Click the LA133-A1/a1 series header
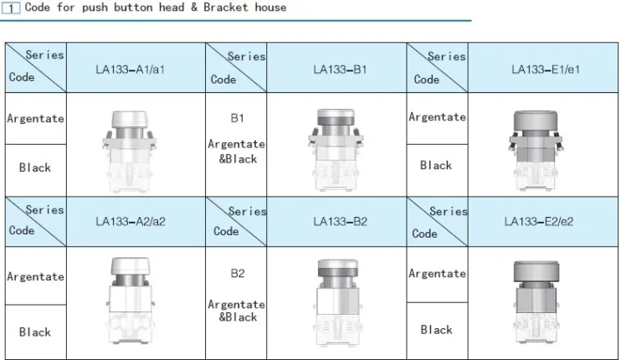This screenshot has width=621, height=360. pyautogui.click(x=130, y=69)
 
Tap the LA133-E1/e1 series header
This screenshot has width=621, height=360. pyautogui.click(x=545, y=69)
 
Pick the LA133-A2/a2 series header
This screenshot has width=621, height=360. pyautogui.click(x=130, y=222)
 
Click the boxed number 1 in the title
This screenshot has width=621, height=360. pyautogui.click(x=13, y=8)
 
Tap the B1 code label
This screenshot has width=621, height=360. pyautogui.click(x=237, y=118)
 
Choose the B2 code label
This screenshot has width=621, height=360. pyautogui.click(x=237, y=273)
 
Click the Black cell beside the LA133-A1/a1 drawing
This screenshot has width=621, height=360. pyautogui.click(x=35, y=167)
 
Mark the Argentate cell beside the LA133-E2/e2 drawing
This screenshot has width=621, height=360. pyautogui.click(x=437, y=274)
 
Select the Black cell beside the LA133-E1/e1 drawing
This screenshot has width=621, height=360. pyautogui.click(x=436, y=165)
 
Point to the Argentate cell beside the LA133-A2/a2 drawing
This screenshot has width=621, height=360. pyautogui.click(x=35, y=276)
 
